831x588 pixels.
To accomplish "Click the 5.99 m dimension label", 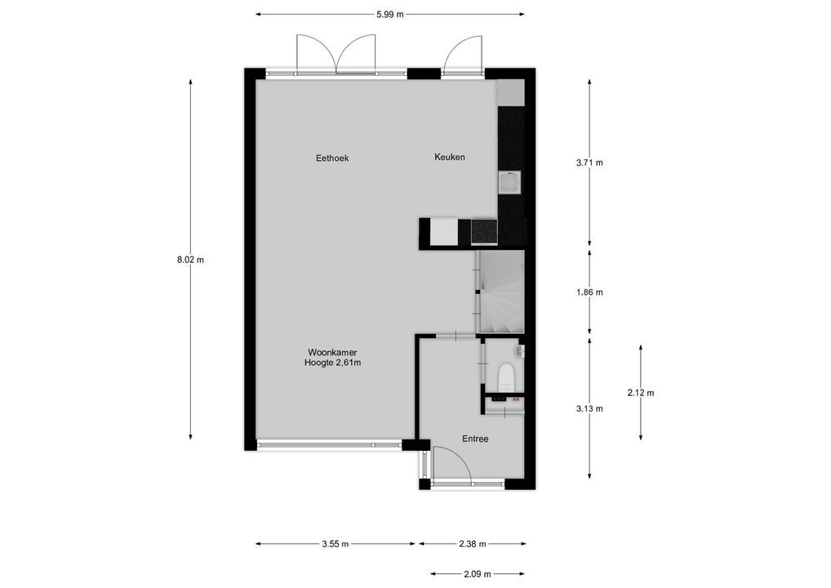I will click(x=389, y=14).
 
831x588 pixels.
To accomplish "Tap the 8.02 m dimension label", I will click(x=190, y=260).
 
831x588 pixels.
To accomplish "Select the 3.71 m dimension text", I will click(x=589, y=163).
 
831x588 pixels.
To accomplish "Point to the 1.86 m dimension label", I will click(x=589, y=292).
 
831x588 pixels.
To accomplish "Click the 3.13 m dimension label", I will click(x=589, y=409).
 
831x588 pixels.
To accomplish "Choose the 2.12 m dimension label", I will click(x=641, y=393).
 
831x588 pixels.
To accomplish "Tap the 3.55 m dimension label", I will click(x=336, y=544).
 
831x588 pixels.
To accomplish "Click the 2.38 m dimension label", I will click(x=472, y=544).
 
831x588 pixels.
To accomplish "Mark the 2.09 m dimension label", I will click(x=478, y=574).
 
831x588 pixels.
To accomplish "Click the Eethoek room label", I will click(x=332, y=158).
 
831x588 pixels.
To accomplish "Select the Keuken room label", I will click(x=449, y=157).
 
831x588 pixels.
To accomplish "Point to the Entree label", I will click(x=475, y=439).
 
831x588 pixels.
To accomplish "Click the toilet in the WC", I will click(x=506, y=376).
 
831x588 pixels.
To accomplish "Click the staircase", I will click(x=500, y=292).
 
